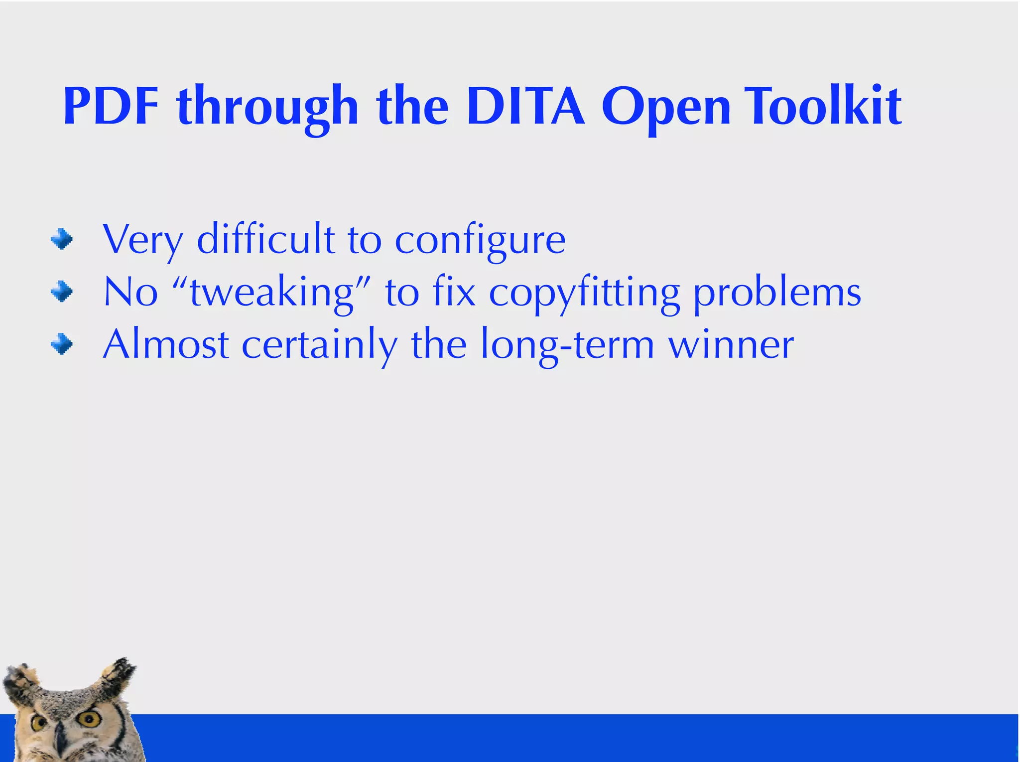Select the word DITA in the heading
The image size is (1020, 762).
point(525,107)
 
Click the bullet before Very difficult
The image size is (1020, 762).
point(62,239)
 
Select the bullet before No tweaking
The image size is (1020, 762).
point(62,292)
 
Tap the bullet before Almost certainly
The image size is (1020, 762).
point(62,344)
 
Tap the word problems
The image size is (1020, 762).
point(777,294)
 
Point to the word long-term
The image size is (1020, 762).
point(567,346)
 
